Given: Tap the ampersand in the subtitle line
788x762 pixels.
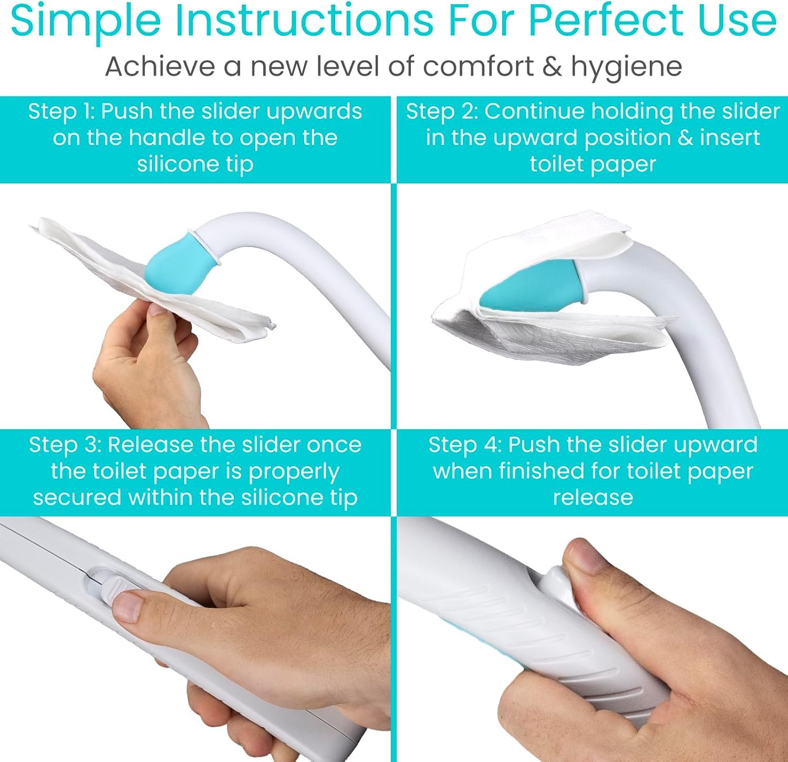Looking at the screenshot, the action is click(x=552, y=67).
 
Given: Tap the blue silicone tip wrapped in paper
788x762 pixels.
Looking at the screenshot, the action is click(x=531, y=284).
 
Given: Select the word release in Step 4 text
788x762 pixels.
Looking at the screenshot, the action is click(x=593, y=497).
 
